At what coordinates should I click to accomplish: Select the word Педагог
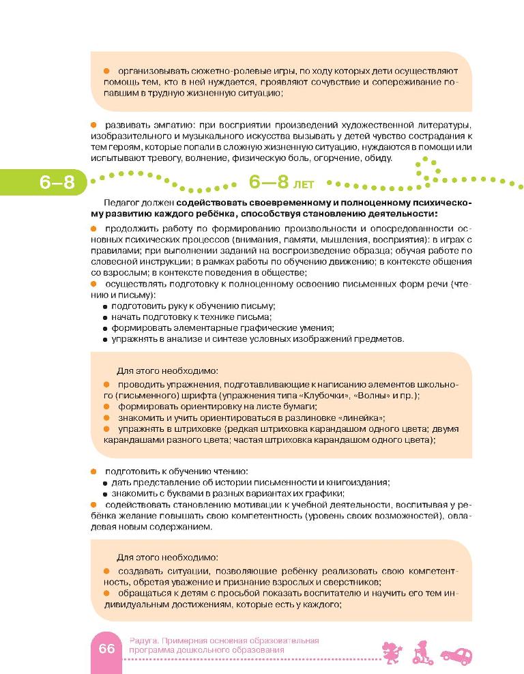[x=121, y=203]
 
